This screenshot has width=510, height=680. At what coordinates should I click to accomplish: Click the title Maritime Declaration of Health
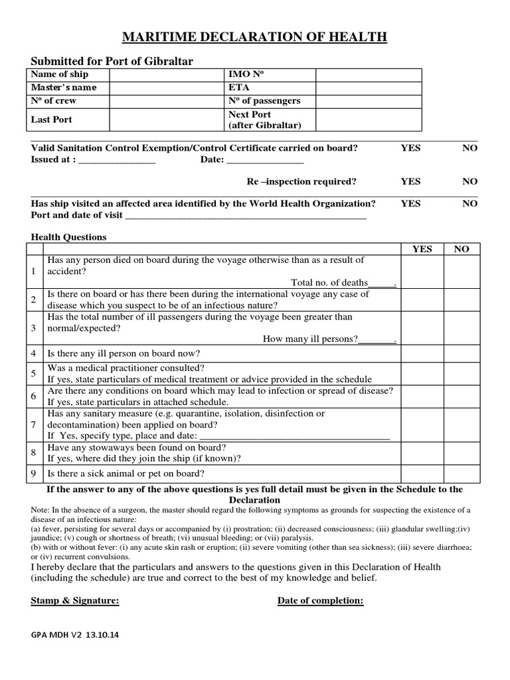[254, 37]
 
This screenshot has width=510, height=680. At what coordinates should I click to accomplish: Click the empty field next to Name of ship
[167, 74]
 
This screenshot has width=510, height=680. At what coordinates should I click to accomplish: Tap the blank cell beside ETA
[368, 88]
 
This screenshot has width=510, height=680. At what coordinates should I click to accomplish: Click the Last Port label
[52, 120]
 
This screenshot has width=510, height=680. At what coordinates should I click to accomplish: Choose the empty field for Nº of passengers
[368, 101]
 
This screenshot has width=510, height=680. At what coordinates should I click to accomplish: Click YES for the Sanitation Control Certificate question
[410, 148]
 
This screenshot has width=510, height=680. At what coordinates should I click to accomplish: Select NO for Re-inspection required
[469, 181]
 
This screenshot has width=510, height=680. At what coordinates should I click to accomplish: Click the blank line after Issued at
[117, 161]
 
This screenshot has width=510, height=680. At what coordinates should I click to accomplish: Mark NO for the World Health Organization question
[469, 204]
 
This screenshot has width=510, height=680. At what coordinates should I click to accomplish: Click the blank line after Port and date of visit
[246, 216]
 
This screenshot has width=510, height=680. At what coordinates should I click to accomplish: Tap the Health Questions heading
[68, 237]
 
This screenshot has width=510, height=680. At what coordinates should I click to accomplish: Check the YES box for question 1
[422, 272]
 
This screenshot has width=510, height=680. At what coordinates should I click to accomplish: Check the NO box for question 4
[461, 353]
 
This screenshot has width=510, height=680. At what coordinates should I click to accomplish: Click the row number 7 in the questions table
[33, 424]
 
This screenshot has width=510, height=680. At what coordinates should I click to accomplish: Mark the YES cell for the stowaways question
[422, 452]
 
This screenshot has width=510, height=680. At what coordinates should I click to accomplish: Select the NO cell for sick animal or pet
[461, 473]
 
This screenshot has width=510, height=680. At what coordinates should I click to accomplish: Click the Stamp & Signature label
[75, 601]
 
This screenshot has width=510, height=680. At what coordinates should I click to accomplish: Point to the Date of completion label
[320, 601]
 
